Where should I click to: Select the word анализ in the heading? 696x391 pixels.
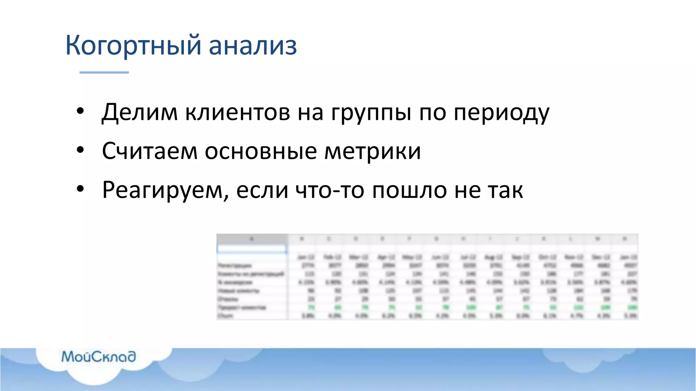click(253, 45)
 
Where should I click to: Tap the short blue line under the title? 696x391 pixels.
click(104, 72)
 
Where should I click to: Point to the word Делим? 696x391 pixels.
click(140, 112)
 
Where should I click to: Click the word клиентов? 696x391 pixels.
click(238, 112)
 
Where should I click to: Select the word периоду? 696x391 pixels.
click(501, 113)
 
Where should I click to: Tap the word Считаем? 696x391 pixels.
click(150, 151)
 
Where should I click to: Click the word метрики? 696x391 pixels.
click(372, 151)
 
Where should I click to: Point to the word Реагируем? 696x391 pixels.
click(165, 190)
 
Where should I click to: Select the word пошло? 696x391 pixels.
click(409, 189)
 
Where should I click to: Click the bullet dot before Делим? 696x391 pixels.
click(80, 111)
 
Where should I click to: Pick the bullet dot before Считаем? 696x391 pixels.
click(80, 150)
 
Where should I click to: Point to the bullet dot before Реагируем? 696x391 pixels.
click(80, 189)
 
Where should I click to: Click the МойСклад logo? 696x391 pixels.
click(99, 356)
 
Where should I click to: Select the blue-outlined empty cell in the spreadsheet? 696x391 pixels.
click(251, 249)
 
